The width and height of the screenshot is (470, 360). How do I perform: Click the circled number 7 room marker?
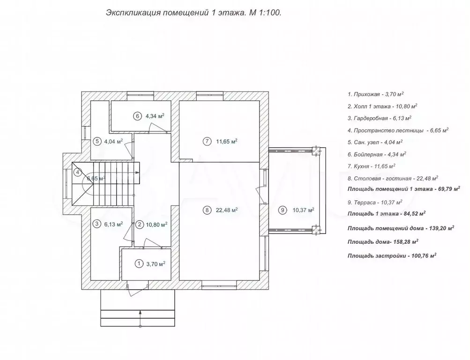[207, 141]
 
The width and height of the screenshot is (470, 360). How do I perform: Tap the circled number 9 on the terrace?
[283, 210]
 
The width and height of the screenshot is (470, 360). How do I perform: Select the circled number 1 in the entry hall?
[139, 264]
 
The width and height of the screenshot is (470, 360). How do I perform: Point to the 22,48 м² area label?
[227, 210]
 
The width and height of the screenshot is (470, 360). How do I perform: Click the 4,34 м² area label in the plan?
[155, 116]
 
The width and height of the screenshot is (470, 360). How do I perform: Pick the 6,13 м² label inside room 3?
[113, 224]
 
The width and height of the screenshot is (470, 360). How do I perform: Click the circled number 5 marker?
[97, 142]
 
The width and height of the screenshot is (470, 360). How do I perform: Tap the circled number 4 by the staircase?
[78, 172]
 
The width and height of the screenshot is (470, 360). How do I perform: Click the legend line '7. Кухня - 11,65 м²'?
[372, 166]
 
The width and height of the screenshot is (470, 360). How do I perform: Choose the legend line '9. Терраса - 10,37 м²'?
[375, 202]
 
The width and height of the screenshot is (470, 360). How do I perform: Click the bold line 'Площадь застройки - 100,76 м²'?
[392, 255]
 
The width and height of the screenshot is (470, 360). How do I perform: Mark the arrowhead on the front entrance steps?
[140, 312]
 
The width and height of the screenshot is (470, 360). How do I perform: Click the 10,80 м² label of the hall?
[156, 224]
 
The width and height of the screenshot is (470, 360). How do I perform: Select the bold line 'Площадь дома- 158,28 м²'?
[383, 241]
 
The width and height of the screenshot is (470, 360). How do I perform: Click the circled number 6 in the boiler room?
[137, 116]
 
